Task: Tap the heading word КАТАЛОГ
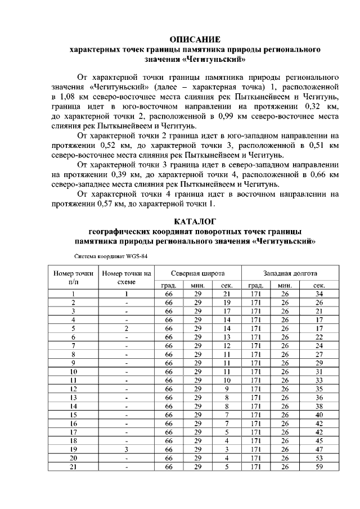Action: [x=195, y=221]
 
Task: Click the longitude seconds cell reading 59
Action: [x=319, y=466]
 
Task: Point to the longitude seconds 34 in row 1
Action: [x=319, y=294]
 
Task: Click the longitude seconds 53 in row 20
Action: [x=319, y=458]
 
